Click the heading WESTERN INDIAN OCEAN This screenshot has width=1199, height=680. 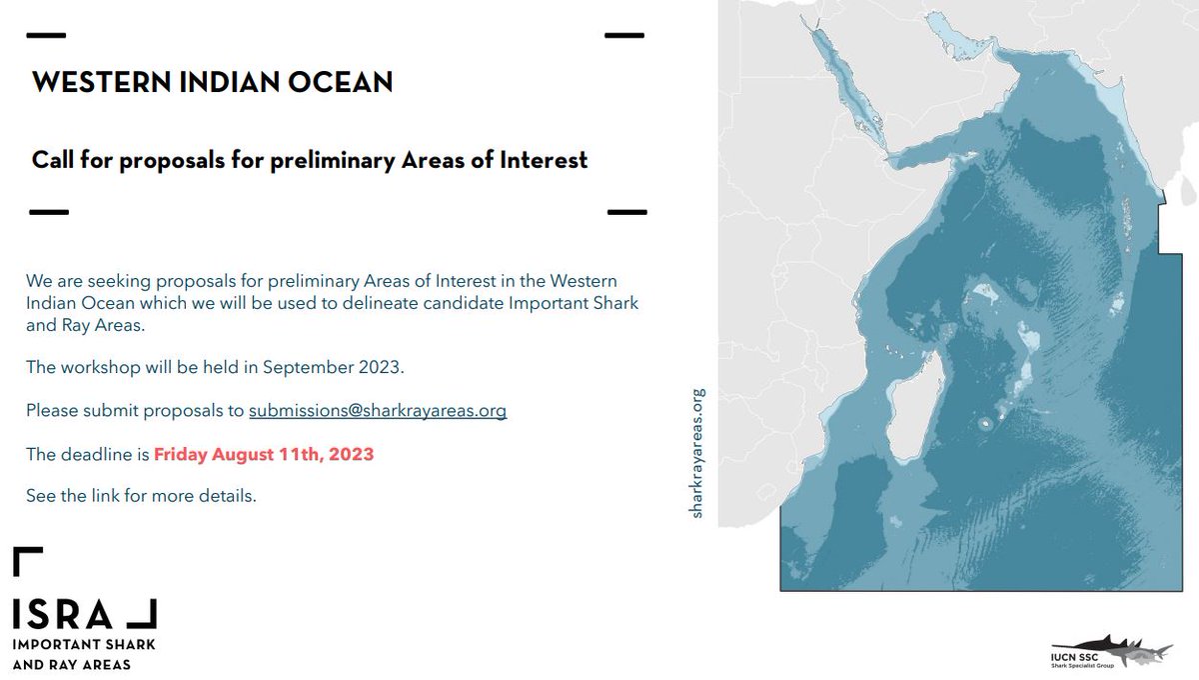pos(212,82)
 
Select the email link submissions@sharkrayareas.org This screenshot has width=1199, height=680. pos(378,410)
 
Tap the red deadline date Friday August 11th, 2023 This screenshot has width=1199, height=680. pos(264,454)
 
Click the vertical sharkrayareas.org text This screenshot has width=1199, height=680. pos(698,452)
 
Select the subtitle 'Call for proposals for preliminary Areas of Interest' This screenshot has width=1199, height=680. pos(310,160)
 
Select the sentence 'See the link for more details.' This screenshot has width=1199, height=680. pos(141,496)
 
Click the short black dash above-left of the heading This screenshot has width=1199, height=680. pos(46,35)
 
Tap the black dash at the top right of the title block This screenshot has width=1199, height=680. pos(624,35)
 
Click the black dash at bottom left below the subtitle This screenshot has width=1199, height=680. pos(48,212)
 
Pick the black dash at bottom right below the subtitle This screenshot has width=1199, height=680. pos(627,212)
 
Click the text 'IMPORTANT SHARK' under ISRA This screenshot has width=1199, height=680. pos(84,645)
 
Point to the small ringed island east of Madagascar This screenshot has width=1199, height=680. pos(985,424)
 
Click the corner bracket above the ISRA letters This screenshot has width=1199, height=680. pos(27,561)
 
